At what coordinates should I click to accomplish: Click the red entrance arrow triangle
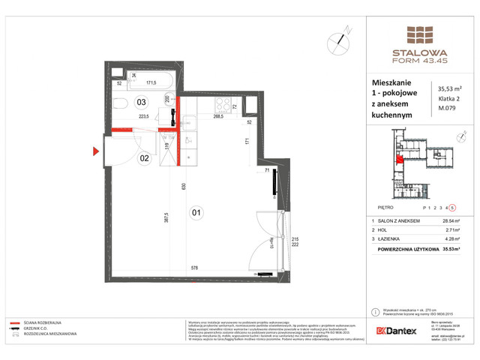[x=96, y=151]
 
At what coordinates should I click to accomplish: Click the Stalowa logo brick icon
[x=419, y=35]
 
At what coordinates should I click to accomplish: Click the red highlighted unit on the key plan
[x=400, y=157]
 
